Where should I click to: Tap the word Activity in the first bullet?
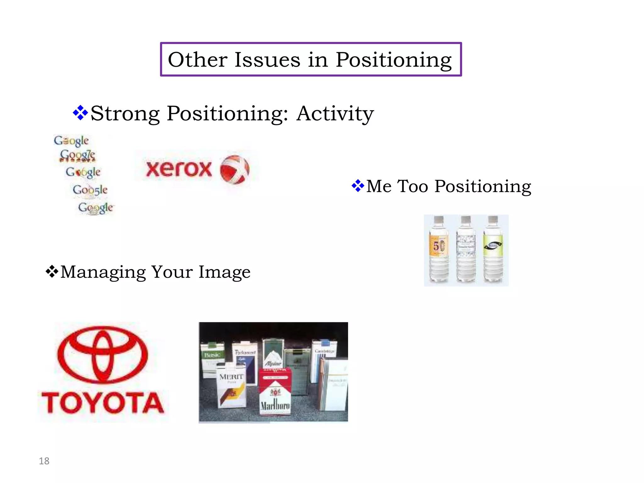[x=335, y=114]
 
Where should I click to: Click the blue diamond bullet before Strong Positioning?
[x=80, y=113]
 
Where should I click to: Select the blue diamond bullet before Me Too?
[x=358, y=186]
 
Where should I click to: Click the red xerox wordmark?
[x=179, y=169]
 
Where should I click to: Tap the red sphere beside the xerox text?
[x=235, y=169]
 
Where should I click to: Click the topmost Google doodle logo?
[x=71, y=141]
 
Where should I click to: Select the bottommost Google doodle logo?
[x=96, y=208]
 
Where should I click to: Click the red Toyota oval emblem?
[x=103, y=354]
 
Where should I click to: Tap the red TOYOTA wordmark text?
[x=103, y=403]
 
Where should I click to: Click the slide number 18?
[x=44, y=461]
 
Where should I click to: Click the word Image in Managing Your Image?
[x=224, y=272]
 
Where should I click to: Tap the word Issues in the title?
[x=267, y=60]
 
